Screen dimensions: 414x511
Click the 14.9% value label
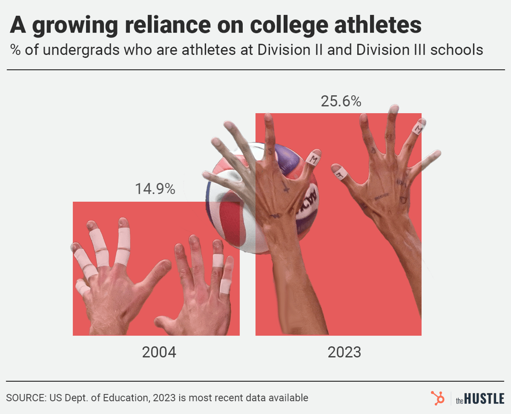point(155,189)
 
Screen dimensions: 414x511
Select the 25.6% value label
point(341,102)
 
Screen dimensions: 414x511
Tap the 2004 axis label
point(159,352)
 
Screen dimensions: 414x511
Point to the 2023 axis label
point(344,352)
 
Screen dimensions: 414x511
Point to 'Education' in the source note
point(125,398)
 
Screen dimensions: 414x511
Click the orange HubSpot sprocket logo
point(438,398)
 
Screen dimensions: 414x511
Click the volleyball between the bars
point(233,198)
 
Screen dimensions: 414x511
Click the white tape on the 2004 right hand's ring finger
point(218,261)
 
